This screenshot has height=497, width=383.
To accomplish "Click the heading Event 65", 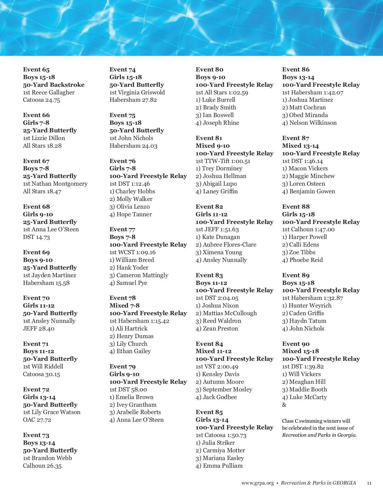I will coord(36,70).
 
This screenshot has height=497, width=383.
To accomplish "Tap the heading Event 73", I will coord(36,435).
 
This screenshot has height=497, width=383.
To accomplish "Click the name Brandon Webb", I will coord(52,458).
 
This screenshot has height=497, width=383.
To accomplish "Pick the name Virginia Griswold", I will coord(141,93).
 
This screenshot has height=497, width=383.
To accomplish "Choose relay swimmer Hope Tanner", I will coord(134,214).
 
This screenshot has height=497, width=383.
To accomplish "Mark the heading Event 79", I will coord(123,367).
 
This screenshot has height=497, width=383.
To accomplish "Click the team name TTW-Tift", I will coord(217,161).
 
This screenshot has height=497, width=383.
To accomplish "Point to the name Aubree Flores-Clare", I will coord(229,245).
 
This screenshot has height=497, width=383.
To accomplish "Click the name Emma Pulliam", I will coord(223,466).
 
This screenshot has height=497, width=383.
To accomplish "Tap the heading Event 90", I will coord(296,344).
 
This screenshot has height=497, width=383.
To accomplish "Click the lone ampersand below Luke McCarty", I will coord(284,405).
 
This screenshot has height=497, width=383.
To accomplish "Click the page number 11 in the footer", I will coord(369,483).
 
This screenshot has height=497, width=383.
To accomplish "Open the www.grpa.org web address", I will coord(258,483).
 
